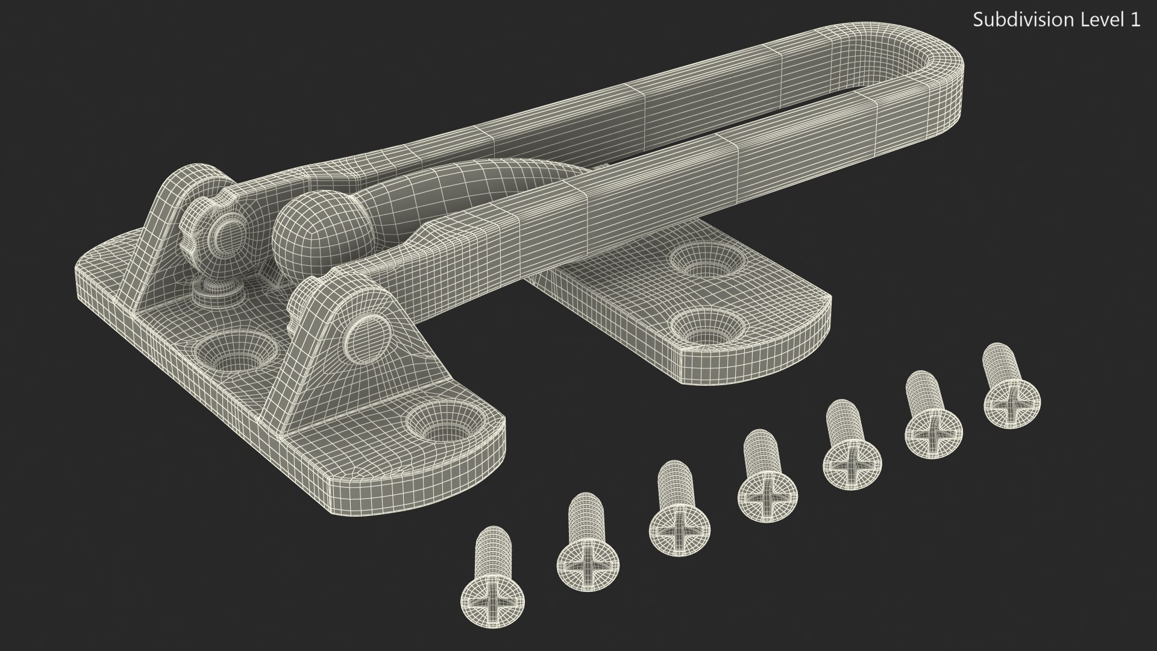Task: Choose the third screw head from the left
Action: [679, 530]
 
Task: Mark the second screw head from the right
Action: [933, 432]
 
